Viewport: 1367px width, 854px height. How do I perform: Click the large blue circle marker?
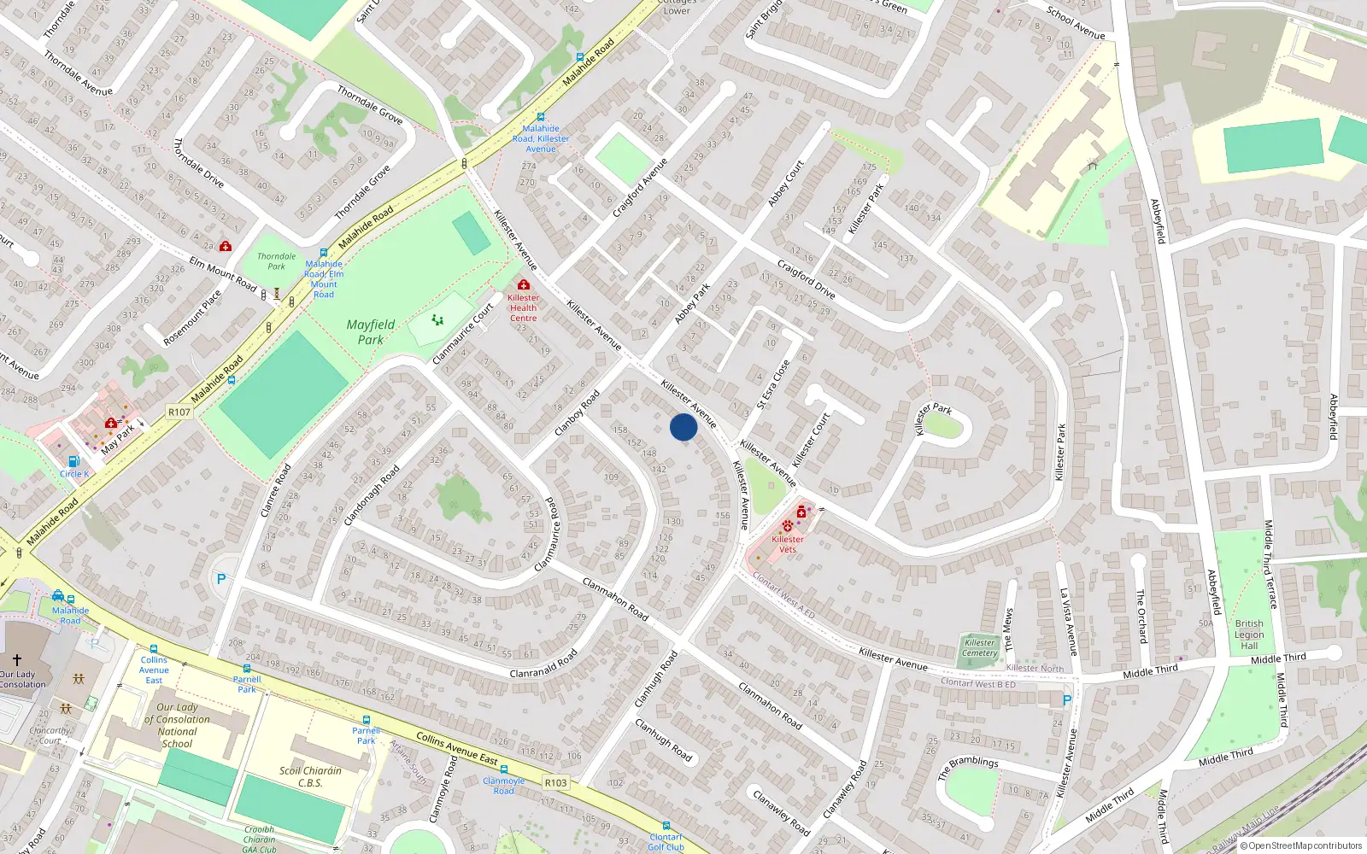click(683, 427)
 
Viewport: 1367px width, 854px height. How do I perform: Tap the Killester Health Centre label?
click(523, 308)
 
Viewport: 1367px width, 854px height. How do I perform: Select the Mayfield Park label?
click(371, 332)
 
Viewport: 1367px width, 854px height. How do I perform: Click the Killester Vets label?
click(787, 544)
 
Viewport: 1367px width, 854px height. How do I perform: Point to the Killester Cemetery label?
click(979, 648)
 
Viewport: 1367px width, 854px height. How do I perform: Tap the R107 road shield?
click(179, 412)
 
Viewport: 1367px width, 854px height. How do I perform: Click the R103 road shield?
click(555, 782)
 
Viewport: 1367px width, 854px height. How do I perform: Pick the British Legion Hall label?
click(1248, 635)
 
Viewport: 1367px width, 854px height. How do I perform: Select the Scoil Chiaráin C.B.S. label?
click(309, 776)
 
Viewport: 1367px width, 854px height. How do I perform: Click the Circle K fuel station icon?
click(73, 461)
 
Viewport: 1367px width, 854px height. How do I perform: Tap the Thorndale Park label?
click(277, 261)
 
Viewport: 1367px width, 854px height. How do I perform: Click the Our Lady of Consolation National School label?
click(177, 725)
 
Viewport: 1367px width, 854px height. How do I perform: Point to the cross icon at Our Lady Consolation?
click(16, 660)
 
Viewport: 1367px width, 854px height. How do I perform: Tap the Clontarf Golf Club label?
click(666, 842)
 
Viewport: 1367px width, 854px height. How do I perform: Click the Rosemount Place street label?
click(192, 318)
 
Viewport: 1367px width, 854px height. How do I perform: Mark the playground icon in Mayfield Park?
click(437, 320)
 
